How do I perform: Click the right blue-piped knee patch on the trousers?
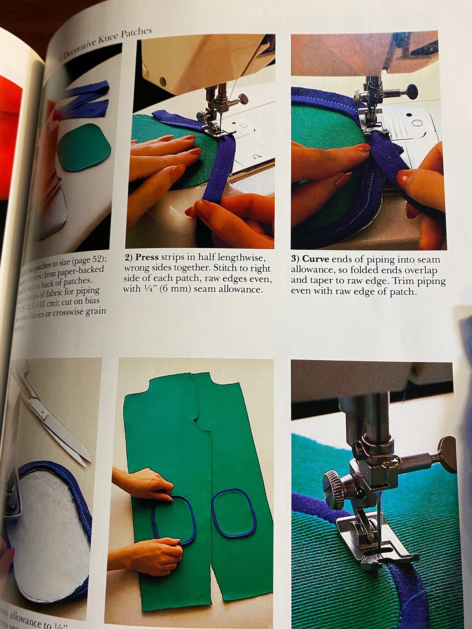234,513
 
